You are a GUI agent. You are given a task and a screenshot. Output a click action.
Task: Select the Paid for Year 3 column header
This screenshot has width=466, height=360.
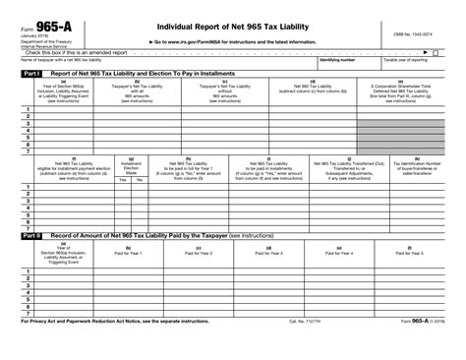click(268, 252)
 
